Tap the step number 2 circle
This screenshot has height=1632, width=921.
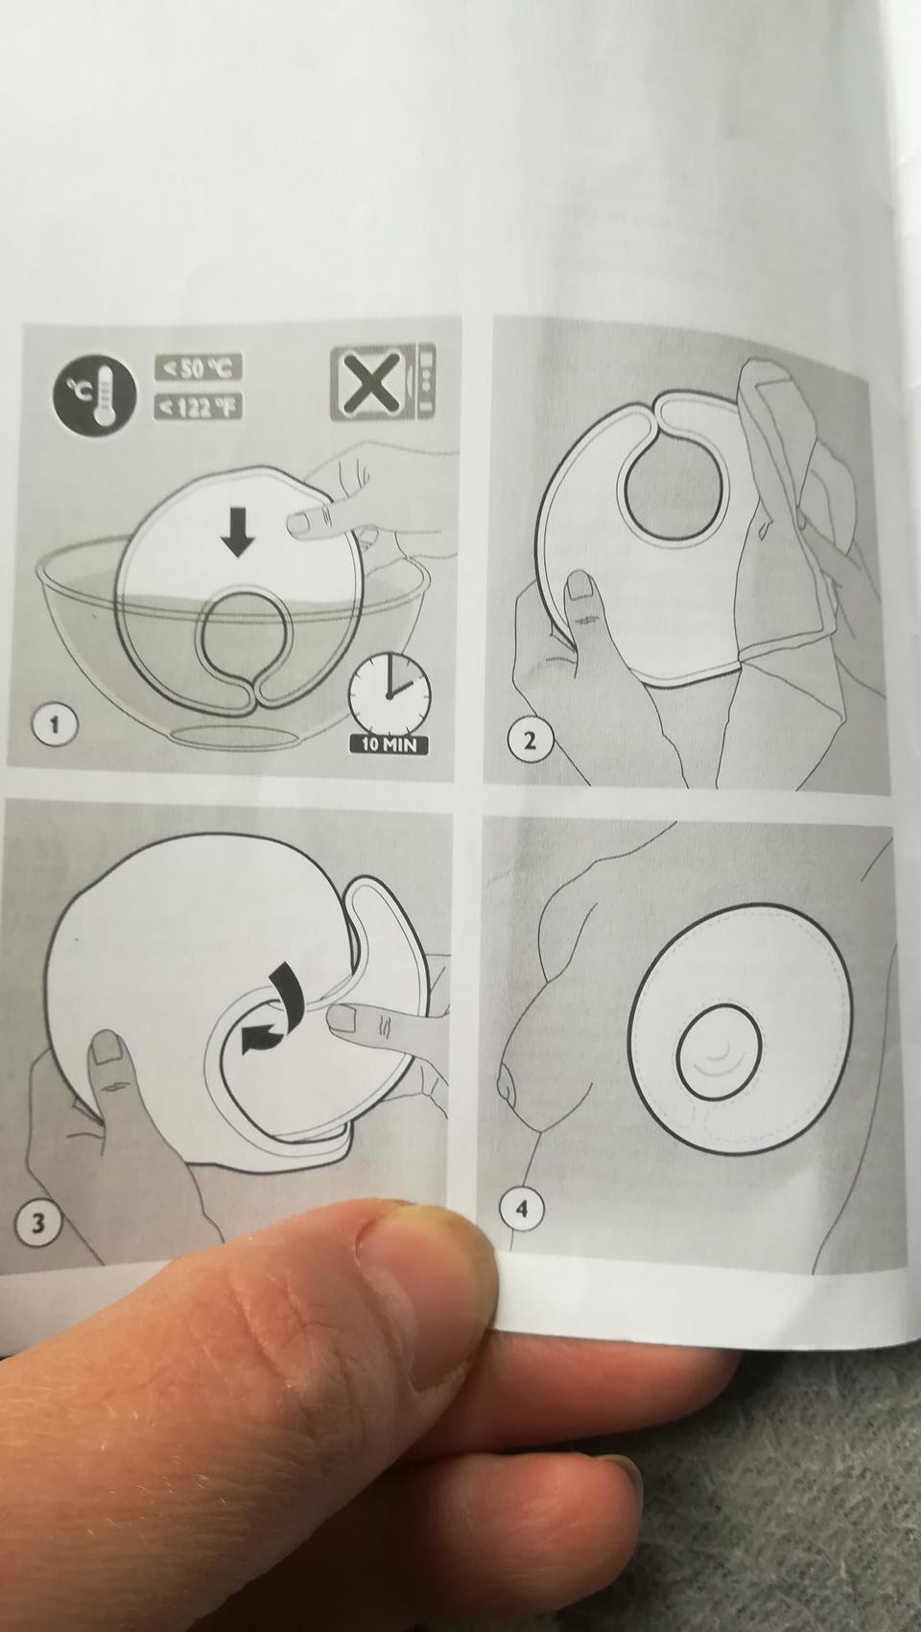click(x=530, y=742)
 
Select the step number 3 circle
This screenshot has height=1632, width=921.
click(x=37, y=1221)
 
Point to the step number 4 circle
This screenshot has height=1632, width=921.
click(x=520, y=1210)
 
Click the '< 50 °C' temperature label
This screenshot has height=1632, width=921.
click(x=199, y=367)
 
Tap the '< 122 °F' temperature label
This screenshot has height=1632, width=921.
click(x=199, y=405)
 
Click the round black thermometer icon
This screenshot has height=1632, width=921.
click(x=95, y=392)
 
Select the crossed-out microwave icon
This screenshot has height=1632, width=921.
click(x=383, y=383)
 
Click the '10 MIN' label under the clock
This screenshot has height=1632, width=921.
click(x=389, y=745)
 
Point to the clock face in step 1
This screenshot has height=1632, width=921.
click(x=390, y=689)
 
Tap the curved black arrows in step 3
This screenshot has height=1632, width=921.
click(x=270, y=1008)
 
